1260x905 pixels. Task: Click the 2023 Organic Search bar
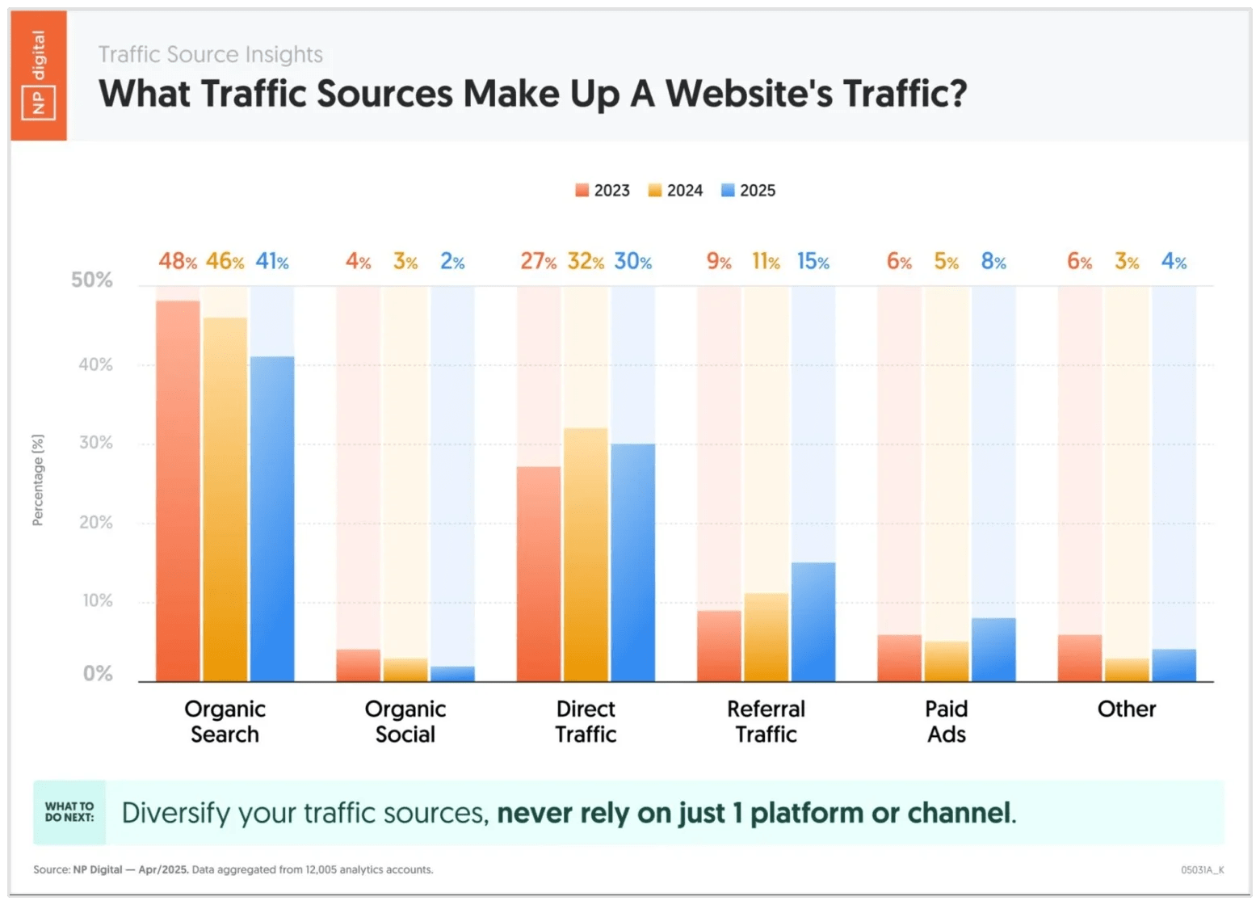coord(178,490)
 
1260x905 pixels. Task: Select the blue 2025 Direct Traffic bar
coord(632,562)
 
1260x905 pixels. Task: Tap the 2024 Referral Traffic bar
coord(766,638)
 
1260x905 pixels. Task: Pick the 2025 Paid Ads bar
coord(993,650)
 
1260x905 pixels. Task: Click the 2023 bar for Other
coord(1080,658)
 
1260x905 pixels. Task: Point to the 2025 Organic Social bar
coord(452,674)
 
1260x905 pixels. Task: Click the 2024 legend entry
coord(676,191)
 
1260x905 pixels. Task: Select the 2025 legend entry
coord(749,191)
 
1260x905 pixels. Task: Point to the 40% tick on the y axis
coord(95,364)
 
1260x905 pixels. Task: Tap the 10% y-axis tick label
coord(95,601)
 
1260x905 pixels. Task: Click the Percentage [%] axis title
coord(38,480)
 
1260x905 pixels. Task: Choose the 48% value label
coord(178,262)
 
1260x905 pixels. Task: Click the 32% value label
coord(586,262)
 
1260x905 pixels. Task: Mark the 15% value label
coord(813,262)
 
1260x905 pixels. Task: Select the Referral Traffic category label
coord(766,721)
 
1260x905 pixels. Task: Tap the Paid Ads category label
coord(946,721)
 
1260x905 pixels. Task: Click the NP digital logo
coord(39,75)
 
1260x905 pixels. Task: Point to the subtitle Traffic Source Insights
coord(210,54)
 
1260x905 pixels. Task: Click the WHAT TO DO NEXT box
coord(69,812)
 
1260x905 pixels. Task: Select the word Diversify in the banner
coord(176,813)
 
